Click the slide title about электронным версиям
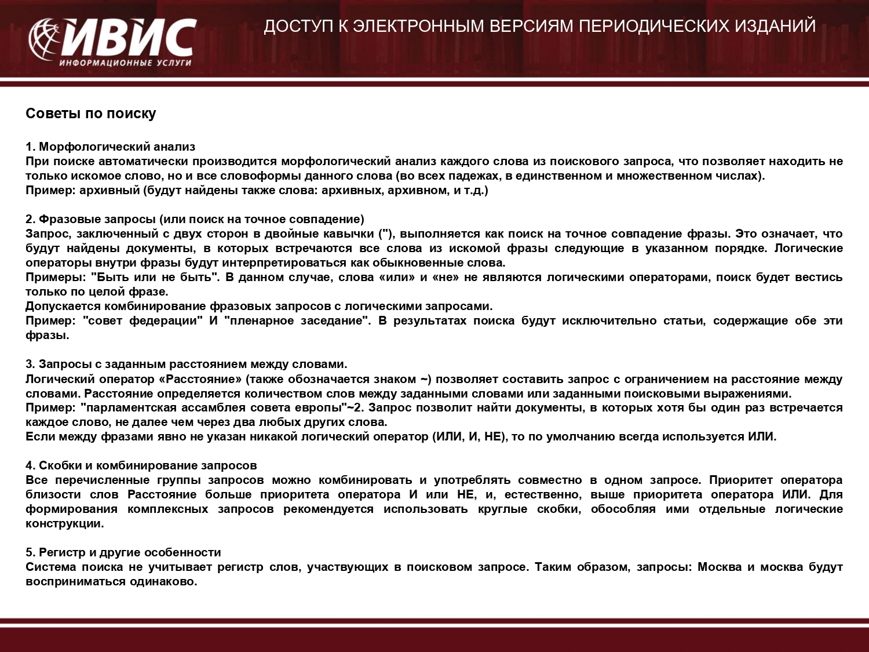[539, 26]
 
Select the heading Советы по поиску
[91, 114]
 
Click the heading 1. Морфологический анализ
[111, 147]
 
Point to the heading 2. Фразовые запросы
[195, 219]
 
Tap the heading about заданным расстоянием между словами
[186, 364]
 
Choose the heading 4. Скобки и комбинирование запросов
[141, 465]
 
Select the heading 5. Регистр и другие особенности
[123, 552]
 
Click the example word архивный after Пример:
[110, 190]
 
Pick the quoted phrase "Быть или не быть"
[155, 277]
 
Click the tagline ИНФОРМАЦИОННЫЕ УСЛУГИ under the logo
[125, 63]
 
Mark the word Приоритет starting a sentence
[740, 480]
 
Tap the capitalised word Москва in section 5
[720, 567]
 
